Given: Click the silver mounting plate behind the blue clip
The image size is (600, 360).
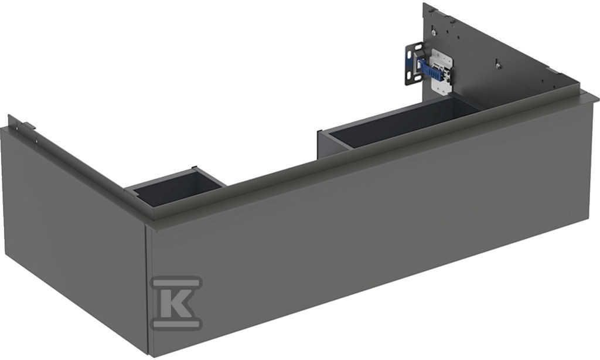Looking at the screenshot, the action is (441, 71).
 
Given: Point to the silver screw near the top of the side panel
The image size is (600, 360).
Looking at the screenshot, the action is (433, 32).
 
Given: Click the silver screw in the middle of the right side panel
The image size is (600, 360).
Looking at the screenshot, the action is (498, 64).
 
